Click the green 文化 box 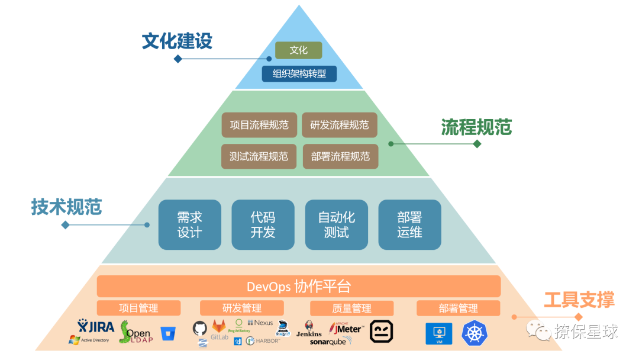click(x=298, y=50)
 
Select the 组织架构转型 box click(x=299, y=74)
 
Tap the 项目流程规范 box click(x=259, y=125)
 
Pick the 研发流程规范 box click(x=339, y=125)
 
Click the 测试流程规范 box click(x=259, y=156)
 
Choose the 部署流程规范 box click(x=340, y=156)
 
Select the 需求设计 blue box click(x=189, y=224)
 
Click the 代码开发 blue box click(x=263, y=224)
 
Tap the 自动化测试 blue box click(x=336, y=224)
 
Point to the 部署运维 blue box click(x=409, y=224)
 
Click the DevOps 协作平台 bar click(x=299, y=287)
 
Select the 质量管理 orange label click(x=351, y=308)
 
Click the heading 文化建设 click(x=177, y=41)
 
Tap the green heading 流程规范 click(x=476, y=127)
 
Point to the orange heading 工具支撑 click(x=579, y=300)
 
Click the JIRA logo click(x=96, y=326)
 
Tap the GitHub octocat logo click(x=200, y=328)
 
